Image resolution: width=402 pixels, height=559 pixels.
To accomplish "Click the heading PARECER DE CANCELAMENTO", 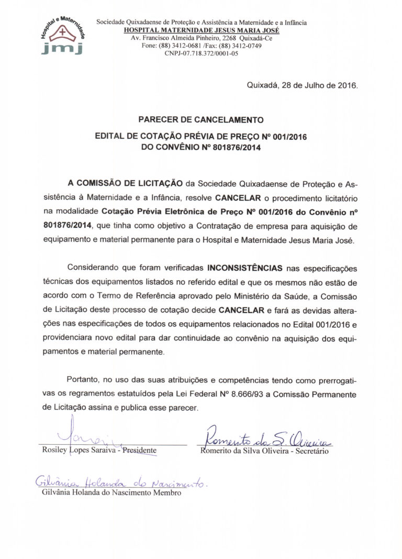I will coord(201,119).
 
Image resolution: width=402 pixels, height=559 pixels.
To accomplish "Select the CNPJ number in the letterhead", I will coord(201,53).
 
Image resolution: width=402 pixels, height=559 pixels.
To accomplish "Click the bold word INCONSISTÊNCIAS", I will coord(245,268).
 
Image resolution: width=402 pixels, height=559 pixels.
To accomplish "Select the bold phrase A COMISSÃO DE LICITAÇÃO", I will coord(126,184).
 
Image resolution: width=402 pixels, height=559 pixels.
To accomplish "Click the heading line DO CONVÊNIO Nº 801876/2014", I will coord(201,148).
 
